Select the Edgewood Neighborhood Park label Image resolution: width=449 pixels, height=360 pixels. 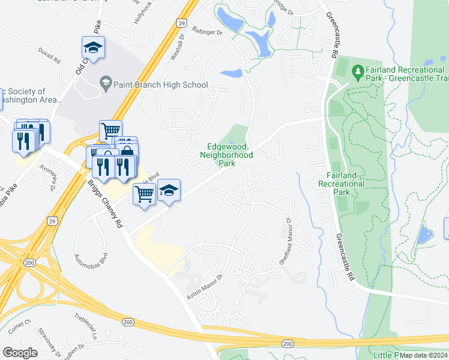226,155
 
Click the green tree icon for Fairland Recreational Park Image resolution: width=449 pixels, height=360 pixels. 358,72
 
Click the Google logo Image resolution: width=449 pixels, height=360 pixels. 20,353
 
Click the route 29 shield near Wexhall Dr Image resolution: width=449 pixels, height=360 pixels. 181,23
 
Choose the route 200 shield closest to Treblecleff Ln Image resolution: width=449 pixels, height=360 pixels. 128,322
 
